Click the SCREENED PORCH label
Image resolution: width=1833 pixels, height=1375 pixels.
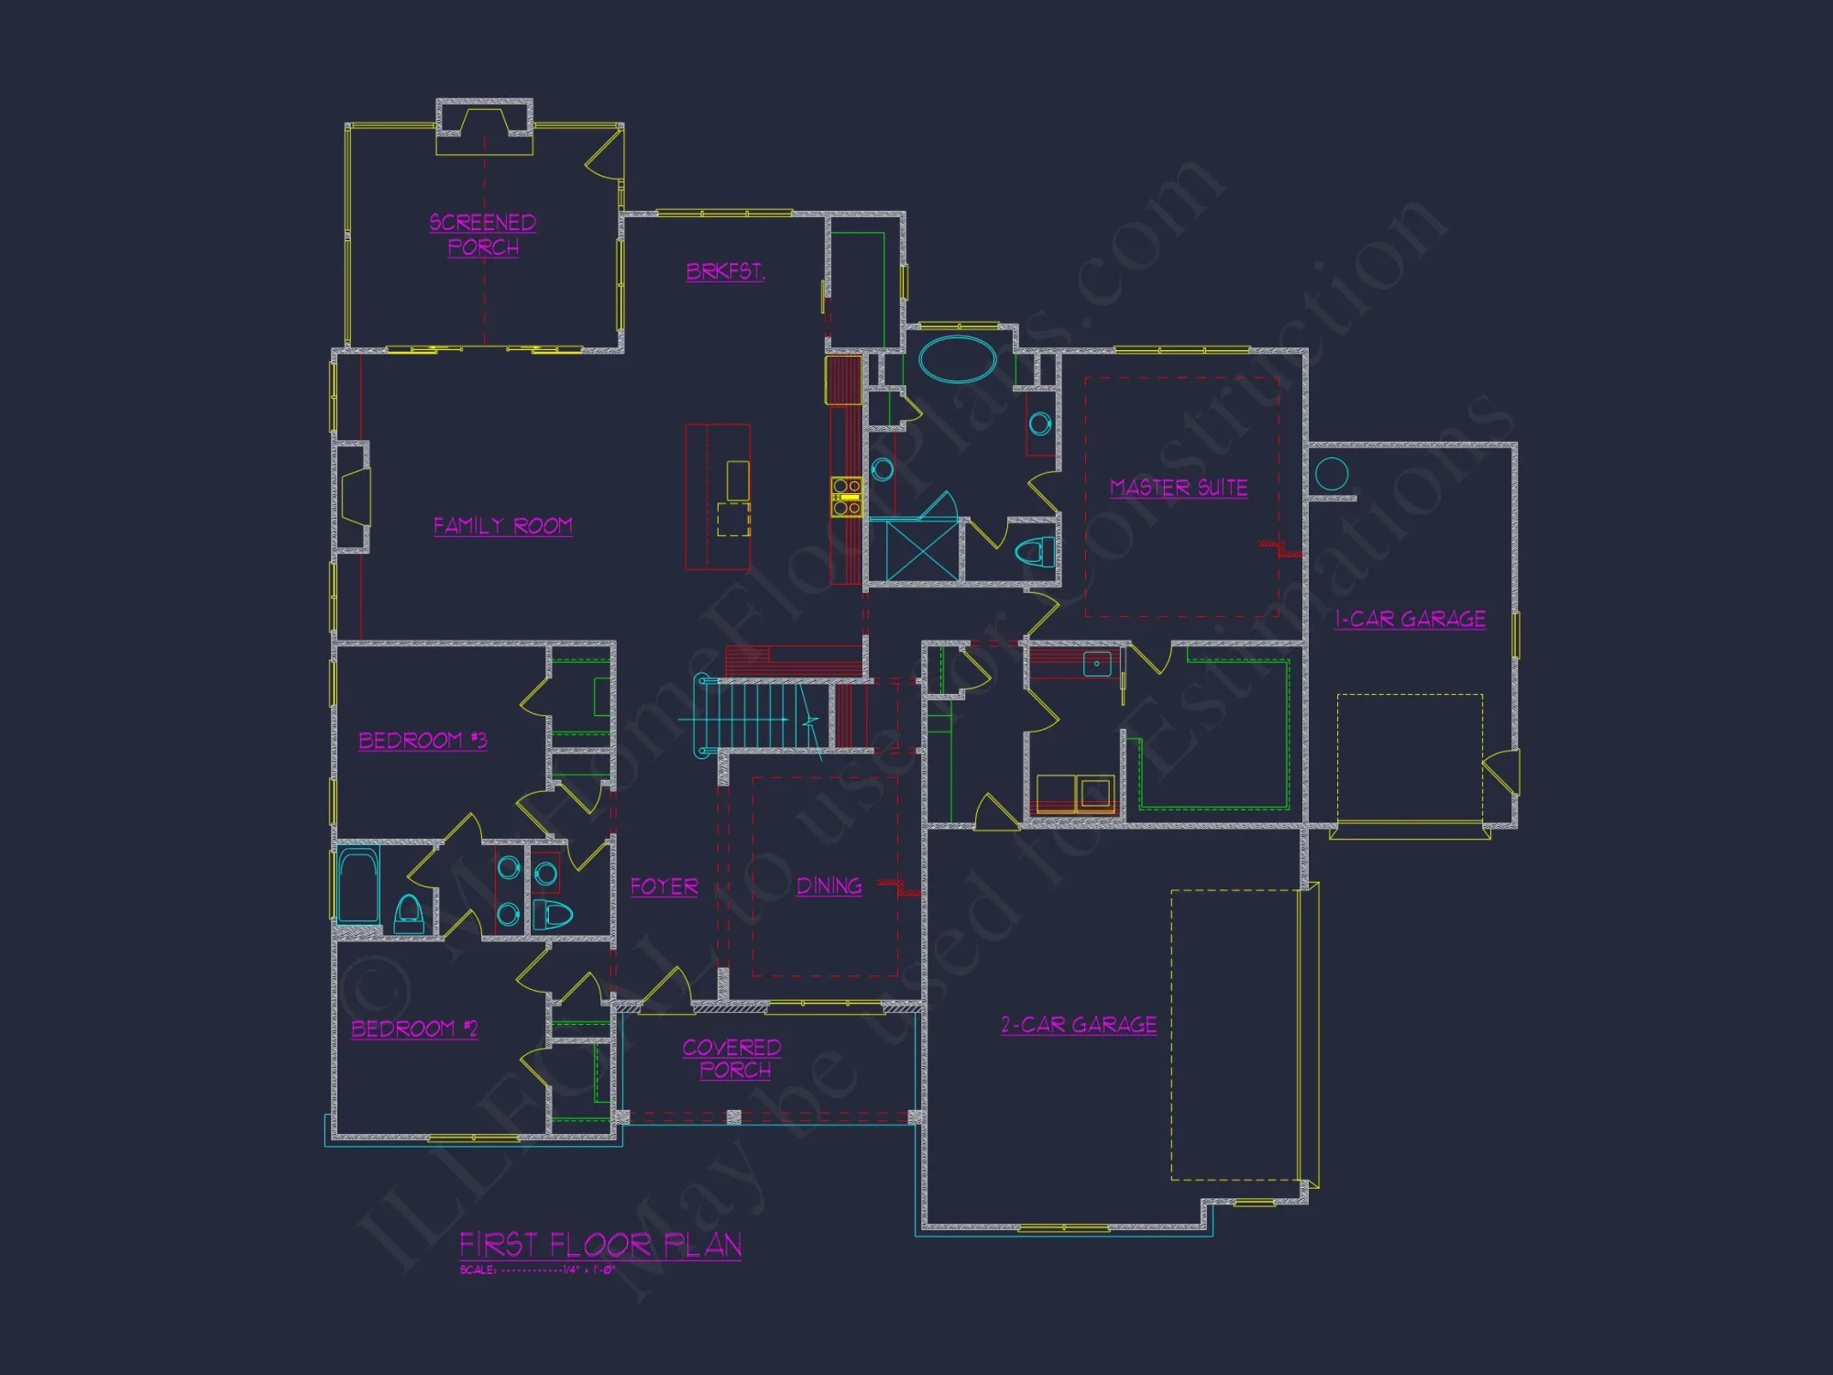(483, 235)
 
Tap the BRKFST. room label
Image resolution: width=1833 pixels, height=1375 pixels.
(725, 271)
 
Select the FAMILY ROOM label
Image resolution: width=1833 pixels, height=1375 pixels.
(502, 525)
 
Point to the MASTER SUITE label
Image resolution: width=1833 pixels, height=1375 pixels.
(1179, 488)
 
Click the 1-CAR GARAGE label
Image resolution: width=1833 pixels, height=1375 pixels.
(1410, 620)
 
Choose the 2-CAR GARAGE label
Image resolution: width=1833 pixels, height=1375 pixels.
(1079, 1025)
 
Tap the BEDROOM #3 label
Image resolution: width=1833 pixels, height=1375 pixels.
(423, 741)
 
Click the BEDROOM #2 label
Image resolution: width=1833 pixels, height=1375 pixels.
(415, 1028)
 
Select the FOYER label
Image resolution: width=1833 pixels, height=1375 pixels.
(664, 886)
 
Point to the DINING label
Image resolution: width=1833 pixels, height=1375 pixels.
(829, 885)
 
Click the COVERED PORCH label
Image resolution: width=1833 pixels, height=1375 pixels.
(732, 1059)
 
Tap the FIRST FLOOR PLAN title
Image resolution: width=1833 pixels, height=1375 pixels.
(600, 1245)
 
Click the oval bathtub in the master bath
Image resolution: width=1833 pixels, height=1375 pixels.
(958, 359)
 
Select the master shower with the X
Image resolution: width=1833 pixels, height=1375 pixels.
(921, 550)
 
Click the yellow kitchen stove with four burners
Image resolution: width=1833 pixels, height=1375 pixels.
(846, 496)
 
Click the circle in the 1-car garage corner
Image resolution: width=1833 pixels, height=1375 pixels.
(1332, 474)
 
